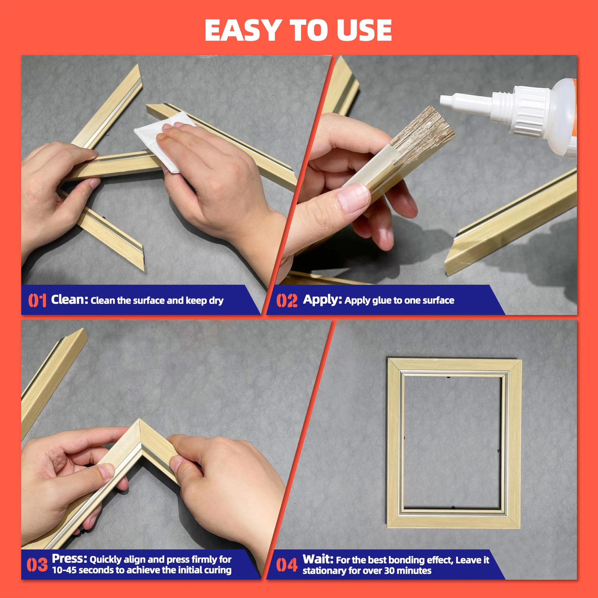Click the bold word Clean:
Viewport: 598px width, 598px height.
coord(70,300)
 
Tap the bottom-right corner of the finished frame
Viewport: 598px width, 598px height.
coord(521,528)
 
